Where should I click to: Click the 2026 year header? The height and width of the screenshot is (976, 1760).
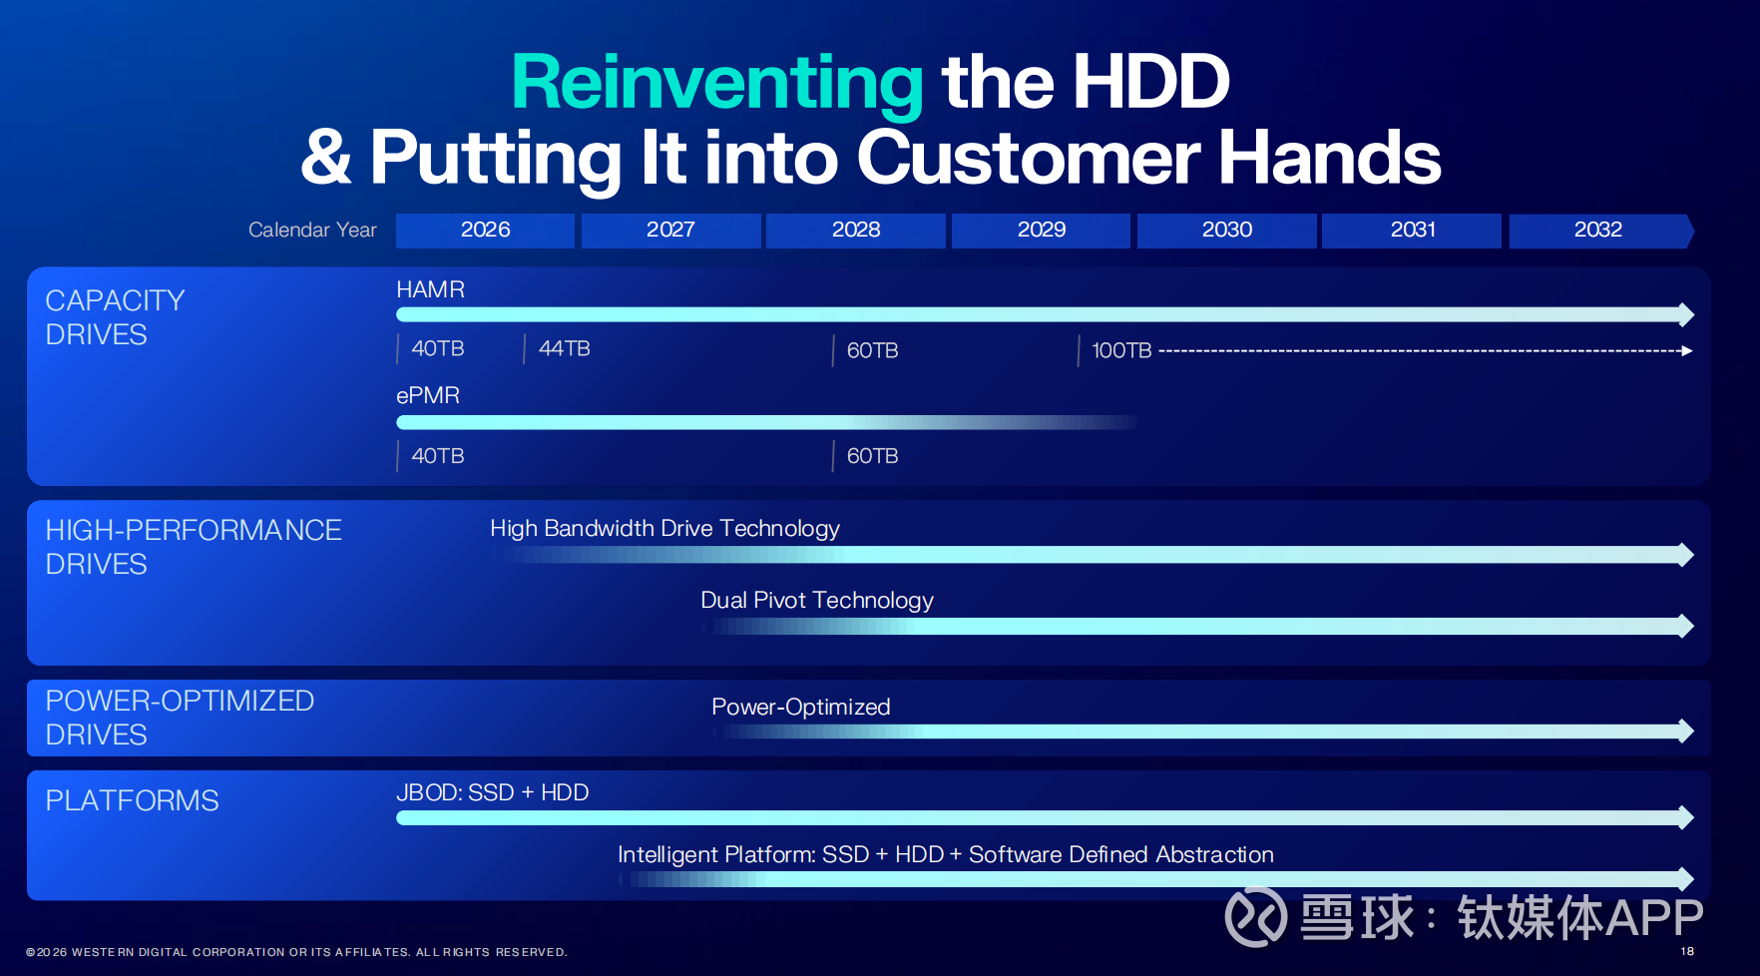[485, 230]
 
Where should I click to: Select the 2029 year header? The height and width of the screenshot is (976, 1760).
[1041, 230]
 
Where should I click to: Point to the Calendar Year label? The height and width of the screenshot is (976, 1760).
[312, 230]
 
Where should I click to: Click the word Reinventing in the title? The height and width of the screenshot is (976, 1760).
[717, 83]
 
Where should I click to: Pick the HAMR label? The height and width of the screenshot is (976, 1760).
[430, 289]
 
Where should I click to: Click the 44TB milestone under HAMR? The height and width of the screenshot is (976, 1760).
[565, 348]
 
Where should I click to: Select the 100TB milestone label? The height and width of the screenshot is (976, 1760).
[1121, 350]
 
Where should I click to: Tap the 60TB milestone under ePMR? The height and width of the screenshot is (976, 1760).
[873, 456]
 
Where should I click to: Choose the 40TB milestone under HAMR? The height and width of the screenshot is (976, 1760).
[438, 348]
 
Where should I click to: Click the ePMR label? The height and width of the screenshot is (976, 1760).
[428, 395]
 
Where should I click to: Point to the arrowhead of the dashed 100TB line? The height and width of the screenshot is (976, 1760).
[1687, 351]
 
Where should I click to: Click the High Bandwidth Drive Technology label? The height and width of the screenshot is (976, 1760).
[664, 528]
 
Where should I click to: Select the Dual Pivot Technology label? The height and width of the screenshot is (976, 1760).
[817, 600]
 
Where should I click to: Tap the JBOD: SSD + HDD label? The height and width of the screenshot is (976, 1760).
[492, 792]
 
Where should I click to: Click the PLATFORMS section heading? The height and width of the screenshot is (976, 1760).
[132, 800]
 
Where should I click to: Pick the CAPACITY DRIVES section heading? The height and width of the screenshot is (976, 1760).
[115, 317]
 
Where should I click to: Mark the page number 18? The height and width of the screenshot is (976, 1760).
[1687, 951]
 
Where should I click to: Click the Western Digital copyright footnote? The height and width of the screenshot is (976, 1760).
[296, 952]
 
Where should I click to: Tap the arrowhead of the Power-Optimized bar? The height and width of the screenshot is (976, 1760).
[1686, 732]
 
